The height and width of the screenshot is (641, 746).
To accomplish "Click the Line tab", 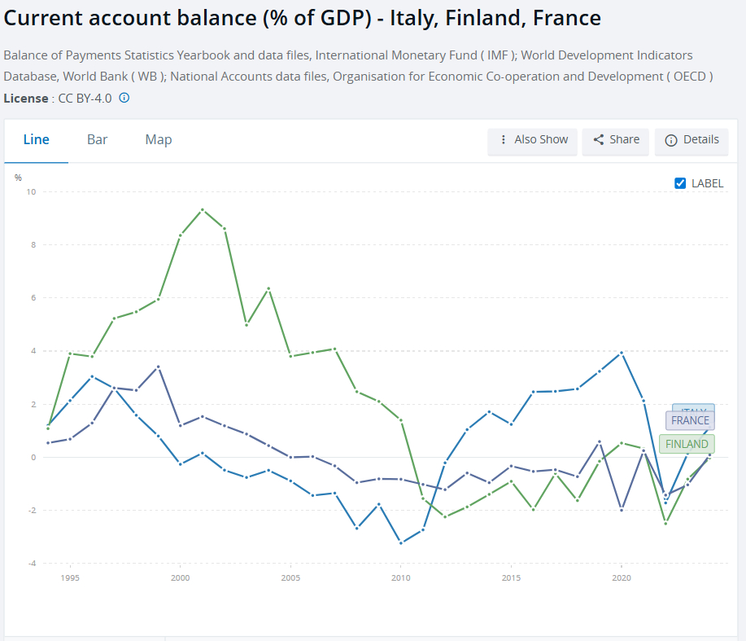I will point(36,139).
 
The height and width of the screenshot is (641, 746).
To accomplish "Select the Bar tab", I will point(98,139).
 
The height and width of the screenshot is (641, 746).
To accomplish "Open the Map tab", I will point(159,139).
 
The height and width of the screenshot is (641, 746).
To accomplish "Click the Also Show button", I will point(533,140).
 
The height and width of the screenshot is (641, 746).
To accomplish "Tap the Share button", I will point(616,140).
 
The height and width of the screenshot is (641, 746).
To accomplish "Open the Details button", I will point(691,140).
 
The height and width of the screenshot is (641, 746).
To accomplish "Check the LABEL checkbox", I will point(681,183).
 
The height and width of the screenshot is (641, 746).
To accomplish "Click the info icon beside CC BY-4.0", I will point(124,98).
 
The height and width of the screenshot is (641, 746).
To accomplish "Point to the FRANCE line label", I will point(690,421).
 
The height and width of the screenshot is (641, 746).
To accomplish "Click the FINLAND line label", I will point(687,444).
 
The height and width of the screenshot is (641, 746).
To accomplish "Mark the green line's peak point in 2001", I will point(202,209).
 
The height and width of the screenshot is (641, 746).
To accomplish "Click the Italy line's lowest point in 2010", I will point(400,542).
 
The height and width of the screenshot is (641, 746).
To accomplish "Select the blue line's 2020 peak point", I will point(622,353).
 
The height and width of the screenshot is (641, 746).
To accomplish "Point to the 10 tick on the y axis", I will point(32,192).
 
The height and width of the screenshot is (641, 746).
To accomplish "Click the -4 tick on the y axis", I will point(32,564).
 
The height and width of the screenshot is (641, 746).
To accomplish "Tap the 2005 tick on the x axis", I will point(290,577).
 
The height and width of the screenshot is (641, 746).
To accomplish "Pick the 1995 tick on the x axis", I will point(70,577).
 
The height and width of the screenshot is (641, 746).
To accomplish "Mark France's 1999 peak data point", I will point(158,367).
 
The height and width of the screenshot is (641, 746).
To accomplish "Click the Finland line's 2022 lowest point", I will point(665,523).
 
